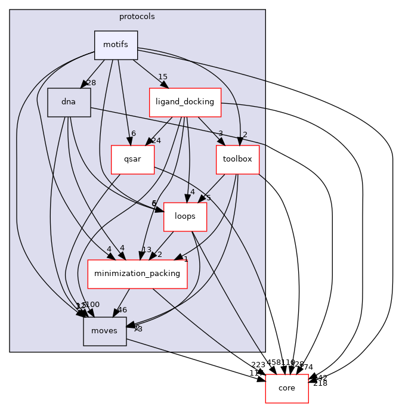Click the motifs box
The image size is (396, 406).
coord(116,45)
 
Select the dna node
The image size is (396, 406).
coord(69,102)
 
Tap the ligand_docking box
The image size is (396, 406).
coord(185,102)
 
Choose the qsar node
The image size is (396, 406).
coord(132,159)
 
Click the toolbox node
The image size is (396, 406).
coord(237,159)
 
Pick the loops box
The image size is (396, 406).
coord(185,216)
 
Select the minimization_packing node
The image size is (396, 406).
coord(137,274)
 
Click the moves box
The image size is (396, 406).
coord(104,331)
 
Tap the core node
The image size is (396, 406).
coord(287,388)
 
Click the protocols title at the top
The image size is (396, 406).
coord(137,17)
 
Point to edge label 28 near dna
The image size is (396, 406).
coord(91,83)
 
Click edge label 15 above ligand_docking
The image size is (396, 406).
coord(162,77)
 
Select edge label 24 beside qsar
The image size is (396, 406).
coord(156,141)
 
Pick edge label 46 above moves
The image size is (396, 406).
coord(122,310)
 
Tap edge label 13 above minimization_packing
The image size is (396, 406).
coord(146,250)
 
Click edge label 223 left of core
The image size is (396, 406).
coord(258,365)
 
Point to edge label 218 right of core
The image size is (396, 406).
coord(320,383)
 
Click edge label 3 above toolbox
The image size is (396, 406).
coord(220,134)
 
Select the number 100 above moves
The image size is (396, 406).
coord(92,305)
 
